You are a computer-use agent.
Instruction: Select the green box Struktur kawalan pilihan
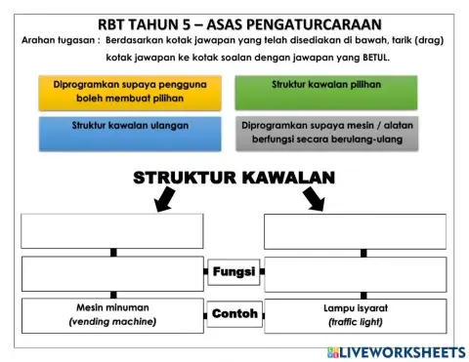click(x=325, y=93)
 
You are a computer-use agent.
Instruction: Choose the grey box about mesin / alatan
click(x=325, y=134)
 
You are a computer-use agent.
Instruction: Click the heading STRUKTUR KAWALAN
click(x=234, y=178)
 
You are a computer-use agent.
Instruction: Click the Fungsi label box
click(x=234, y=271)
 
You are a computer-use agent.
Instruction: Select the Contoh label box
click(x=234, y=314)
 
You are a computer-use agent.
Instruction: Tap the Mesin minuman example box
click(x=112, y=315)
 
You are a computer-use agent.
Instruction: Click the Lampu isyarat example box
click(x=355, y=315)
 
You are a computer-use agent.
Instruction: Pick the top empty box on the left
click(x=112, y=231)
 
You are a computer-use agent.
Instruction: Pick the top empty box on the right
click(x=355, y=231)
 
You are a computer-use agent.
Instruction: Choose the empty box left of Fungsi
click(x=112, y=274)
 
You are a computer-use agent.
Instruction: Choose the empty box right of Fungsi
click(x=355, y=274)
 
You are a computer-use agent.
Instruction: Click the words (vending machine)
click(x=112, y=322)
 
